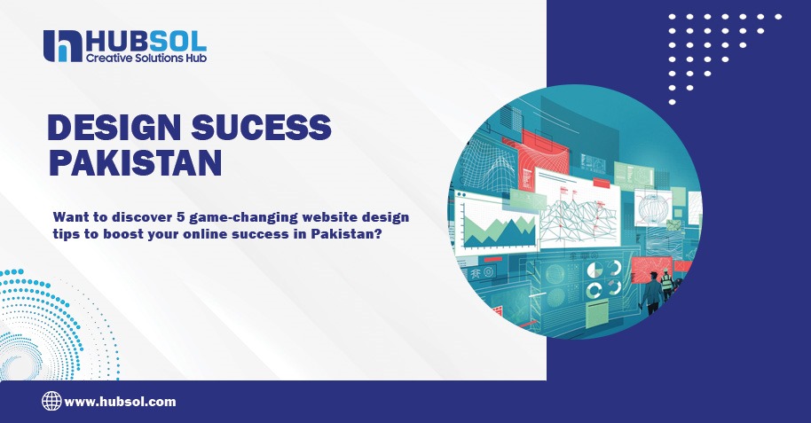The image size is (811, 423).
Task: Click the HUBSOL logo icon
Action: pyautogui.click(x=61, y=46)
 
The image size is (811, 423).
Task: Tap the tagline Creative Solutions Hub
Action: pyautogui.click(x=146, y=58)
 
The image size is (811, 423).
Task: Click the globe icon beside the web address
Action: pyautogui.click(x=51, y=401)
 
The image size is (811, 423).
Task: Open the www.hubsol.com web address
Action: pyautogui.click(x=120, y=402)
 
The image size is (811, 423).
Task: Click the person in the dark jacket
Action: pyautogui.click(x=653, y=294)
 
